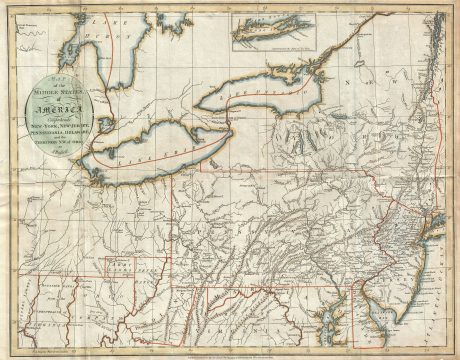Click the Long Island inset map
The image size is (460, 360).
pos(270,34)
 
